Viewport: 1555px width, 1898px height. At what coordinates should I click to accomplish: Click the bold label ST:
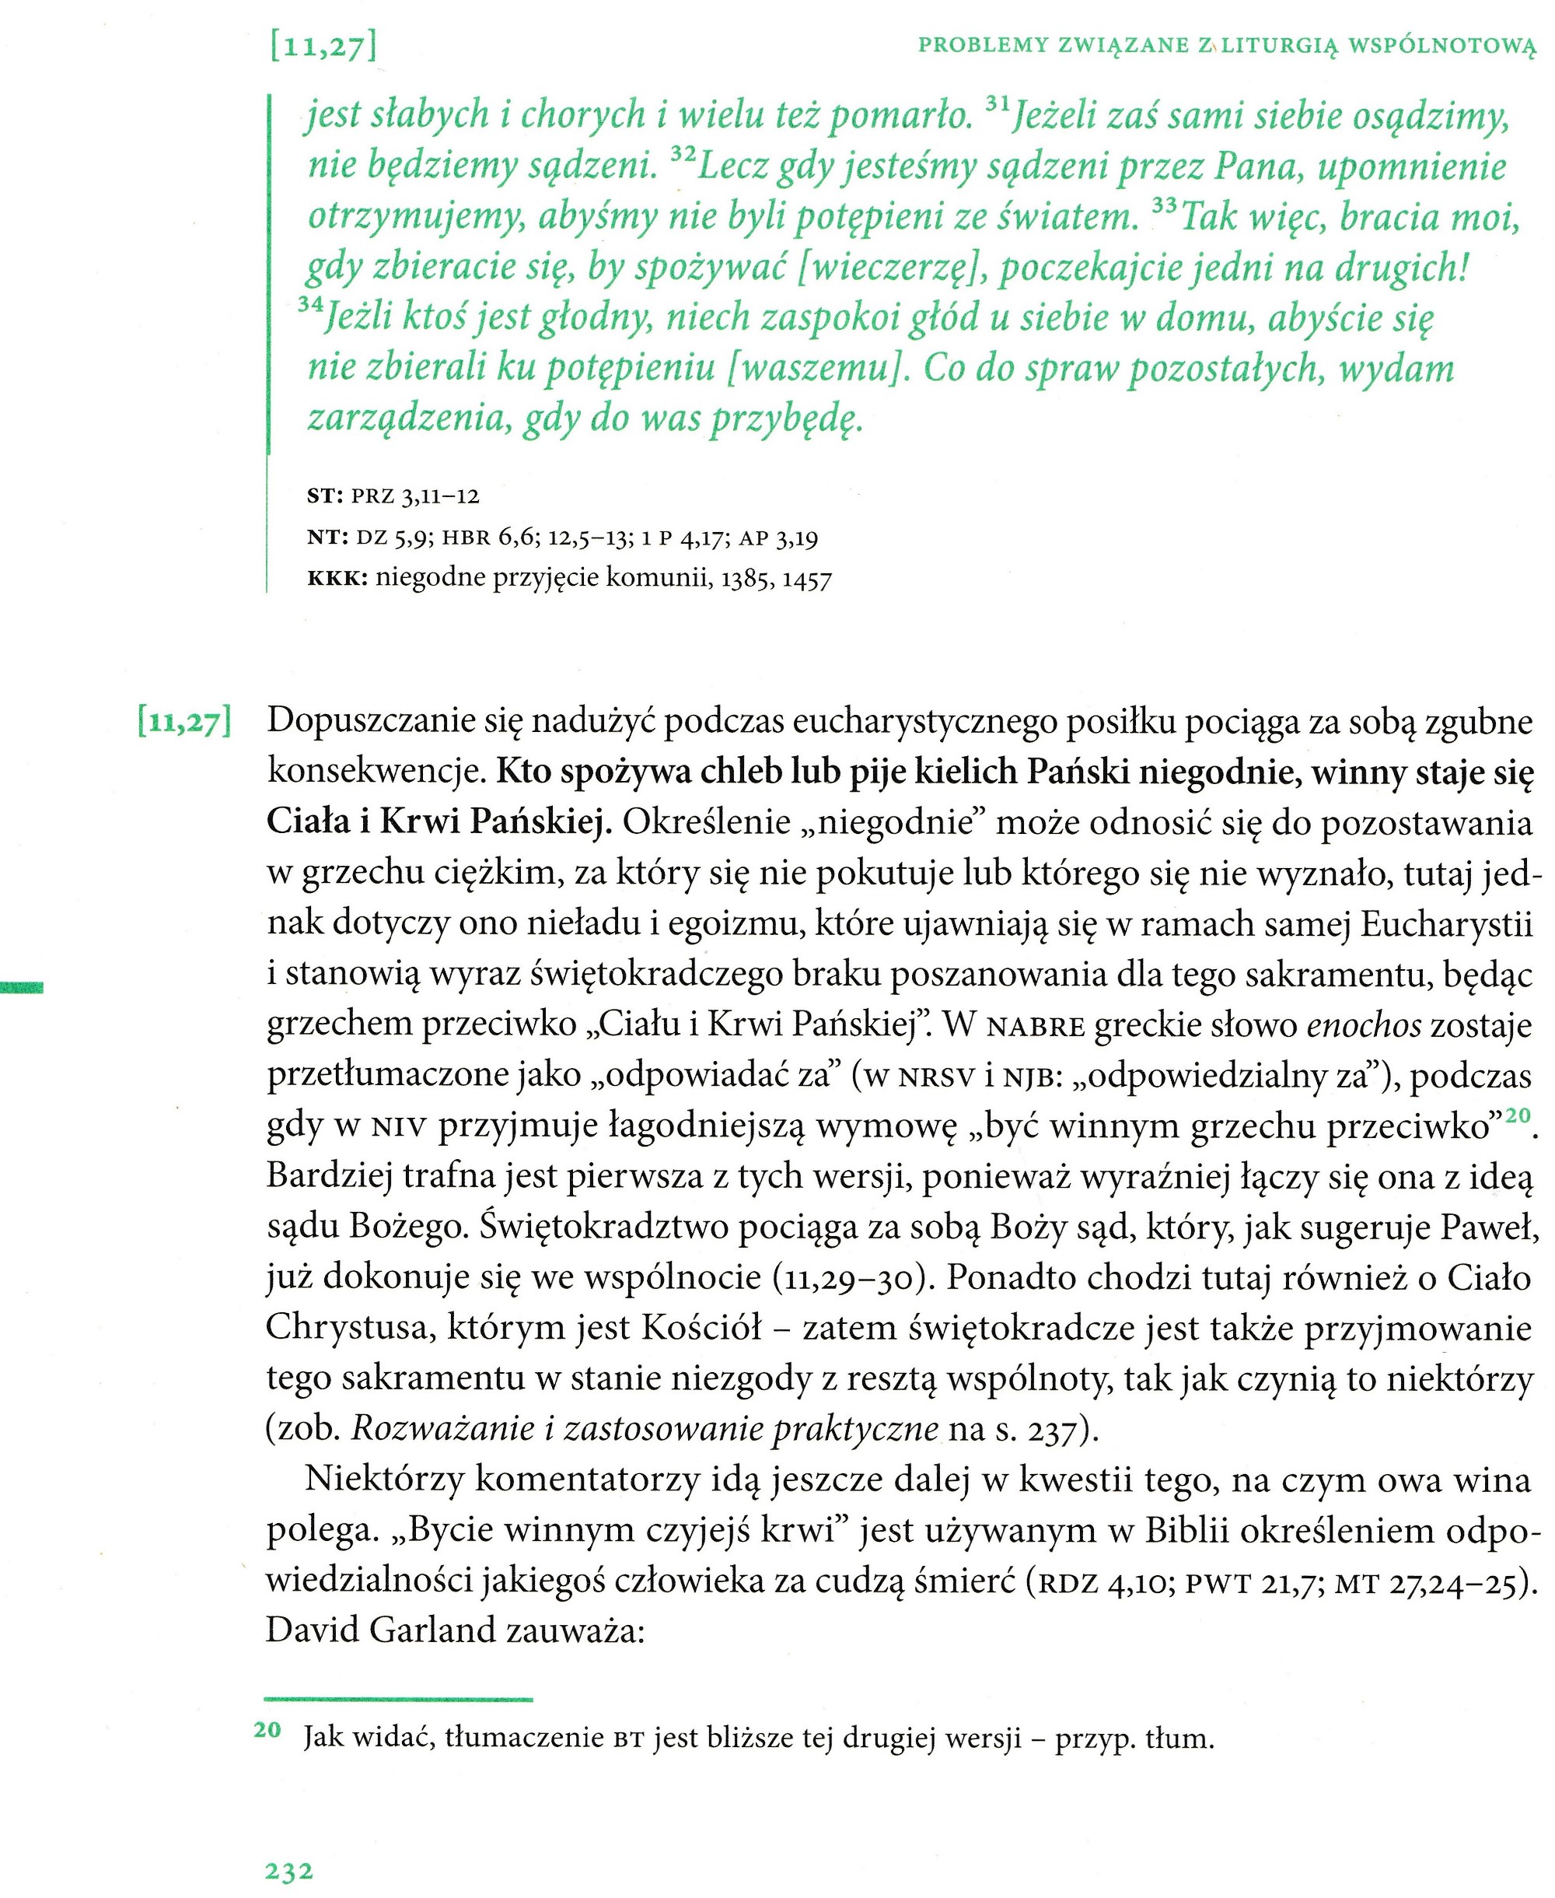(325, 496)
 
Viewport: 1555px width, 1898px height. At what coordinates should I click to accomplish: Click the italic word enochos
(1363, 1025)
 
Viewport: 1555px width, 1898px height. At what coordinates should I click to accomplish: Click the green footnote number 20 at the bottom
(267, 1729)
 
